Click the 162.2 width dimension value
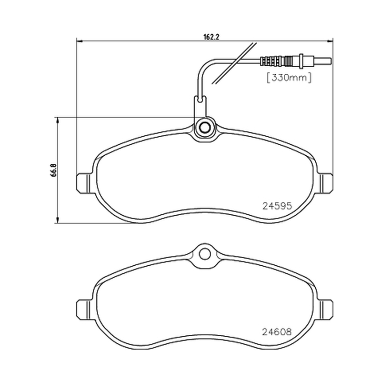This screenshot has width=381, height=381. pos(211,37)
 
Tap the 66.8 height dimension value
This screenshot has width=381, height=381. pos(54,170)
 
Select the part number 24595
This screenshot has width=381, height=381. pos(277,206)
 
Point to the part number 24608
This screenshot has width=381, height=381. pos(277,331)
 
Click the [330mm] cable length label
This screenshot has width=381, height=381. pos(289,78)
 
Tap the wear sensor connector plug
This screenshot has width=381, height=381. pos(295,60)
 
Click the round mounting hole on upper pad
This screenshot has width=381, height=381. pos(204,127)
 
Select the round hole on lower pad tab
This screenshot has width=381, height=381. pos(204,254)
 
